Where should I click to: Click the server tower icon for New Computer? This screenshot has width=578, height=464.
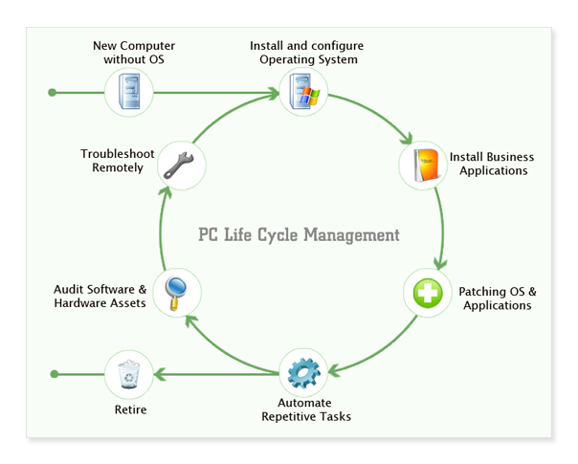pyautogui.click(x=129, y=93)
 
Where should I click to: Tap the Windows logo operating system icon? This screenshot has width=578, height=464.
pyautogui.click(x=304, y=93)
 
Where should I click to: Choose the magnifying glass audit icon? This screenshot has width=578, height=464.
pyautogui.click(x=177, y=291)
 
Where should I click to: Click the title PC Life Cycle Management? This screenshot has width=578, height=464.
pyautogui.click(x=299, y=234)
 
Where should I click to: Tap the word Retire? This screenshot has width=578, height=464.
pyautogui.click(x=129, y=410)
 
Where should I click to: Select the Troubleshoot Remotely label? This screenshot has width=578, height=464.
pyautogui.click(x=112, y=161)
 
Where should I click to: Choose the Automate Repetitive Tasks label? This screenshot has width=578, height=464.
pyautogui.click(x=306, y=409)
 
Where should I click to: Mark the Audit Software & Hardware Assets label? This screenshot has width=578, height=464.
pyautogui.click(x=100, y=296)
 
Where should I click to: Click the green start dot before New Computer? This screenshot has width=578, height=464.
pyautogui.click(x=53, y=93)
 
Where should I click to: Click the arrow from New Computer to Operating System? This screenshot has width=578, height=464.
pyautogui.click(x=215, y=93)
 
